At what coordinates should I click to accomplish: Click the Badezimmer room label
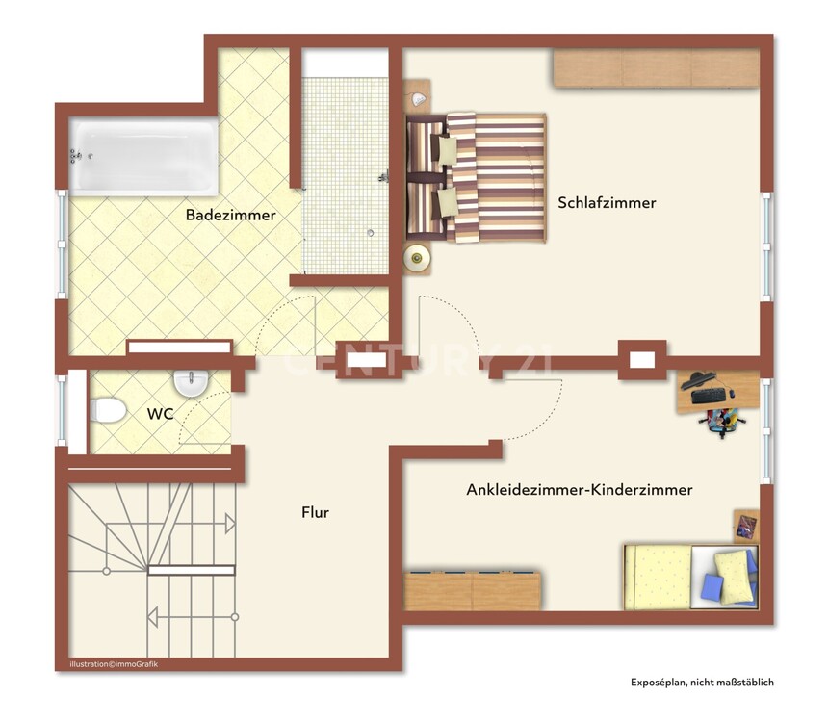pos(231,215)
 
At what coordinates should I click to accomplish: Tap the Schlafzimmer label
pos(607,203)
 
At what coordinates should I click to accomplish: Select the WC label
pos(161,414)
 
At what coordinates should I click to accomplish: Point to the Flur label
pos(315,512)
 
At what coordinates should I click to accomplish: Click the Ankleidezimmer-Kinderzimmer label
pos(580,490)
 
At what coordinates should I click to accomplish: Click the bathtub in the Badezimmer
pos(143,156)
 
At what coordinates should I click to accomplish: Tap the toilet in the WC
pos(108,410)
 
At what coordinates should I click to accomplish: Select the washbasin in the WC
pos(191,382)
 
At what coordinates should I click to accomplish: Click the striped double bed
pos(476,178)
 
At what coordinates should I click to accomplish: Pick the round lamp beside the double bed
pos(417,258)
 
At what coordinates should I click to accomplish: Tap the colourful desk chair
pos(722,420)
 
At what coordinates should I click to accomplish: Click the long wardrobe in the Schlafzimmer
pos(656,67)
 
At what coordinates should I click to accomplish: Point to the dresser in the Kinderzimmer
pos(472,590)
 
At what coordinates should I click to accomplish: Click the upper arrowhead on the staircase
pos(230,524)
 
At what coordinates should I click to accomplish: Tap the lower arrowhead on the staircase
pos(153,617)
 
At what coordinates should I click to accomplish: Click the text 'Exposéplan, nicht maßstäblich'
pos(702,683)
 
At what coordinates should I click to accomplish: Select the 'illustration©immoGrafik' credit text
pos(114,664)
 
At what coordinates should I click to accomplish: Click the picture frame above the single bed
pos(747,526)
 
